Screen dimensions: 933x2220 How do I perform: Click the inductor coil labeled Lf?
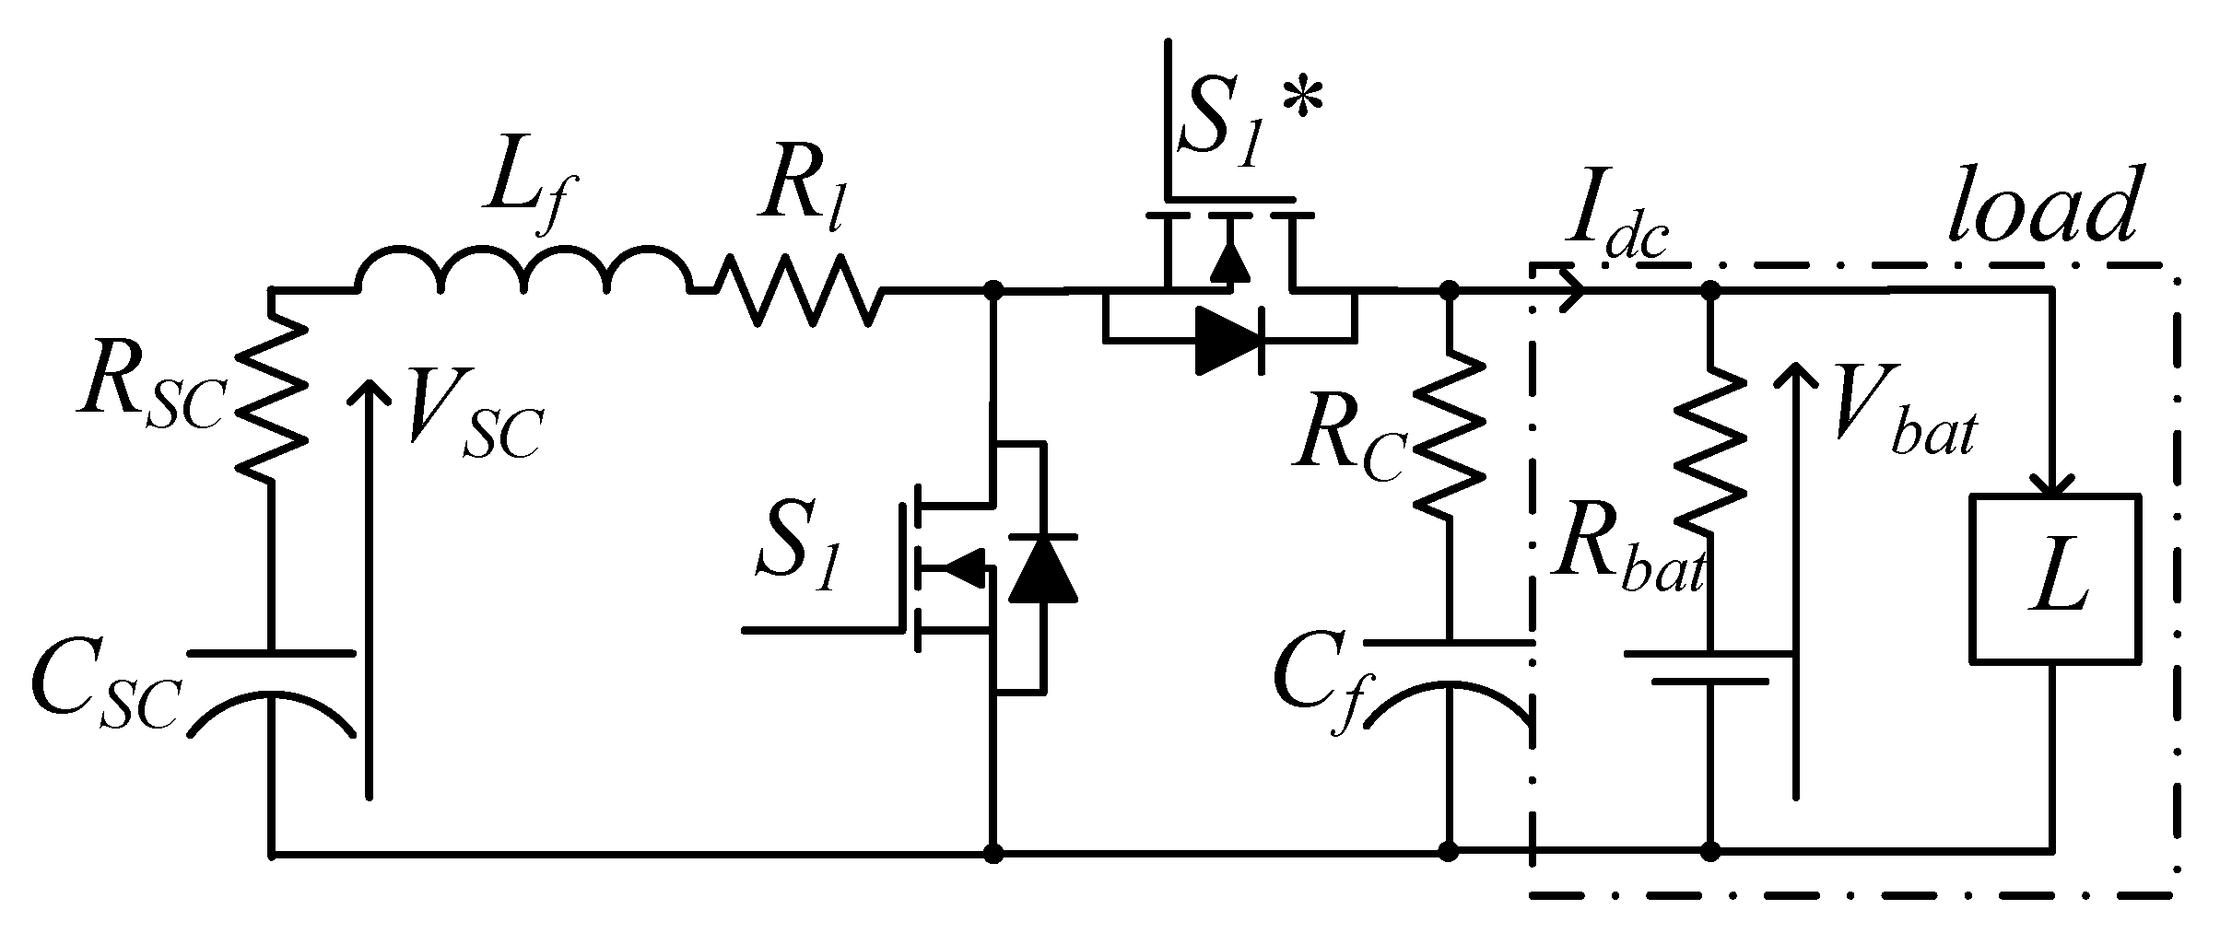point(523,269)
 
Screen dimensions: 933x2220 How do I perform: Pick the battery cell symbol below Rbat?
point(1710,668)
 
